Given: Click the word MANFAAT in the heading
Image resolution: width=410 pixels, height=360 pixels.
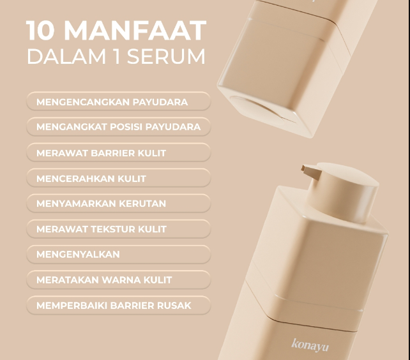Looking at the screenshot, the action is [x=135, y=31].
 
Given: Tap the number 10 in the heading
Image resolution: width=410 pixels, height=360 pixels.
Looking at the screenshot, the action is [x=40, y=31].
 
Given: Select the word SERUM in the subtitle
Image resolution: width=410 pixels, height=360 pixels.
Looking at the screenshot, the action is [x=166, y=56].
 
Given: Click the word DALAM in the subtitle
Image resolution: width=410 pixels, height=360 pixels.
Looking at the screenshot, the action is [x=66, y=56].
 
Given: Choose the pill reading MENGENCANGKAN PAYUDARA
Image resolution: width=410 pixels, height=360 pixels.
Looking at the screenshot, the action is [x=118, y=101].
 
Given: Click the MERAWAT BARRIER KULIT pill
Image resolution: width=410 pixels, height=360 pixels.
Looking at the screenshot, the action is [x=118, y=153].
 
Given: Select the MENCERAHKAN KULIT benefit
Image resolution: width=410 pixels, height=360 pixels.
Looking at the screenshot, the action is [x=118, y=178].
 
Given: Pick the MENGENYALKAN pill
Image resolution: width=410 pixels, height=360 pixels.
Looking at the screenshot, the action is [x=118, y=255].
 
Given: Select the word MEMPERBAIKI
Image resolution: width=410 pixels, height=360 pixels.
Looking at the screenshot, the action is [x=72, y=305].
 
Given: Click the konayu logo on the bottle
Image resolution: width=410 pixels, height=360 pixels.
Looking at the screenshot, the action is [x=310, y=345].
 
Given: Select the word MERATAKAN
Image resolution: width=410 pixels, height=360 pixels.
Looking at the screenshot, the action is [x=68, y=280].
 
